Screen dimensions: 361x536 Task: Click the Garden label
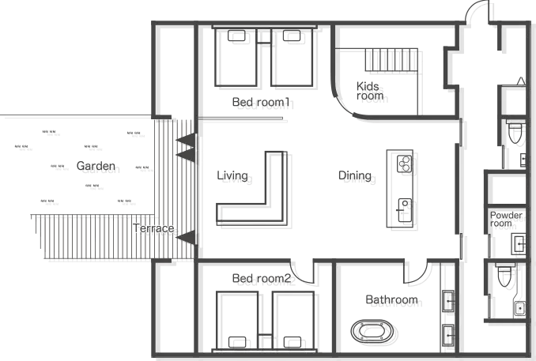pos(100,168)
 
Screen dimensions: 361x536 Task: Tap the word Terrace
pos(156,231)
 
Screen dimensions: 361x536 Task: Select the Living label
pos(236,179)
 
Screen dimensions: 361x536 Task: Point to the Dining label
pos(358,178)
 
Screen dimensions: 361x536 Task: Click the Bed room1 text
pos(265,104)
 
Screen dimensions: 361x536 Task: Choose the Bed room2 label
pos(265,280)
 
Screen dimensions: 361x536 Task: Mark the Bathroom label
pos(395,302)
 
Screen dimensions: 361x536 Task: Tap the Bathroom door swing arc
pos(420,276)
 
